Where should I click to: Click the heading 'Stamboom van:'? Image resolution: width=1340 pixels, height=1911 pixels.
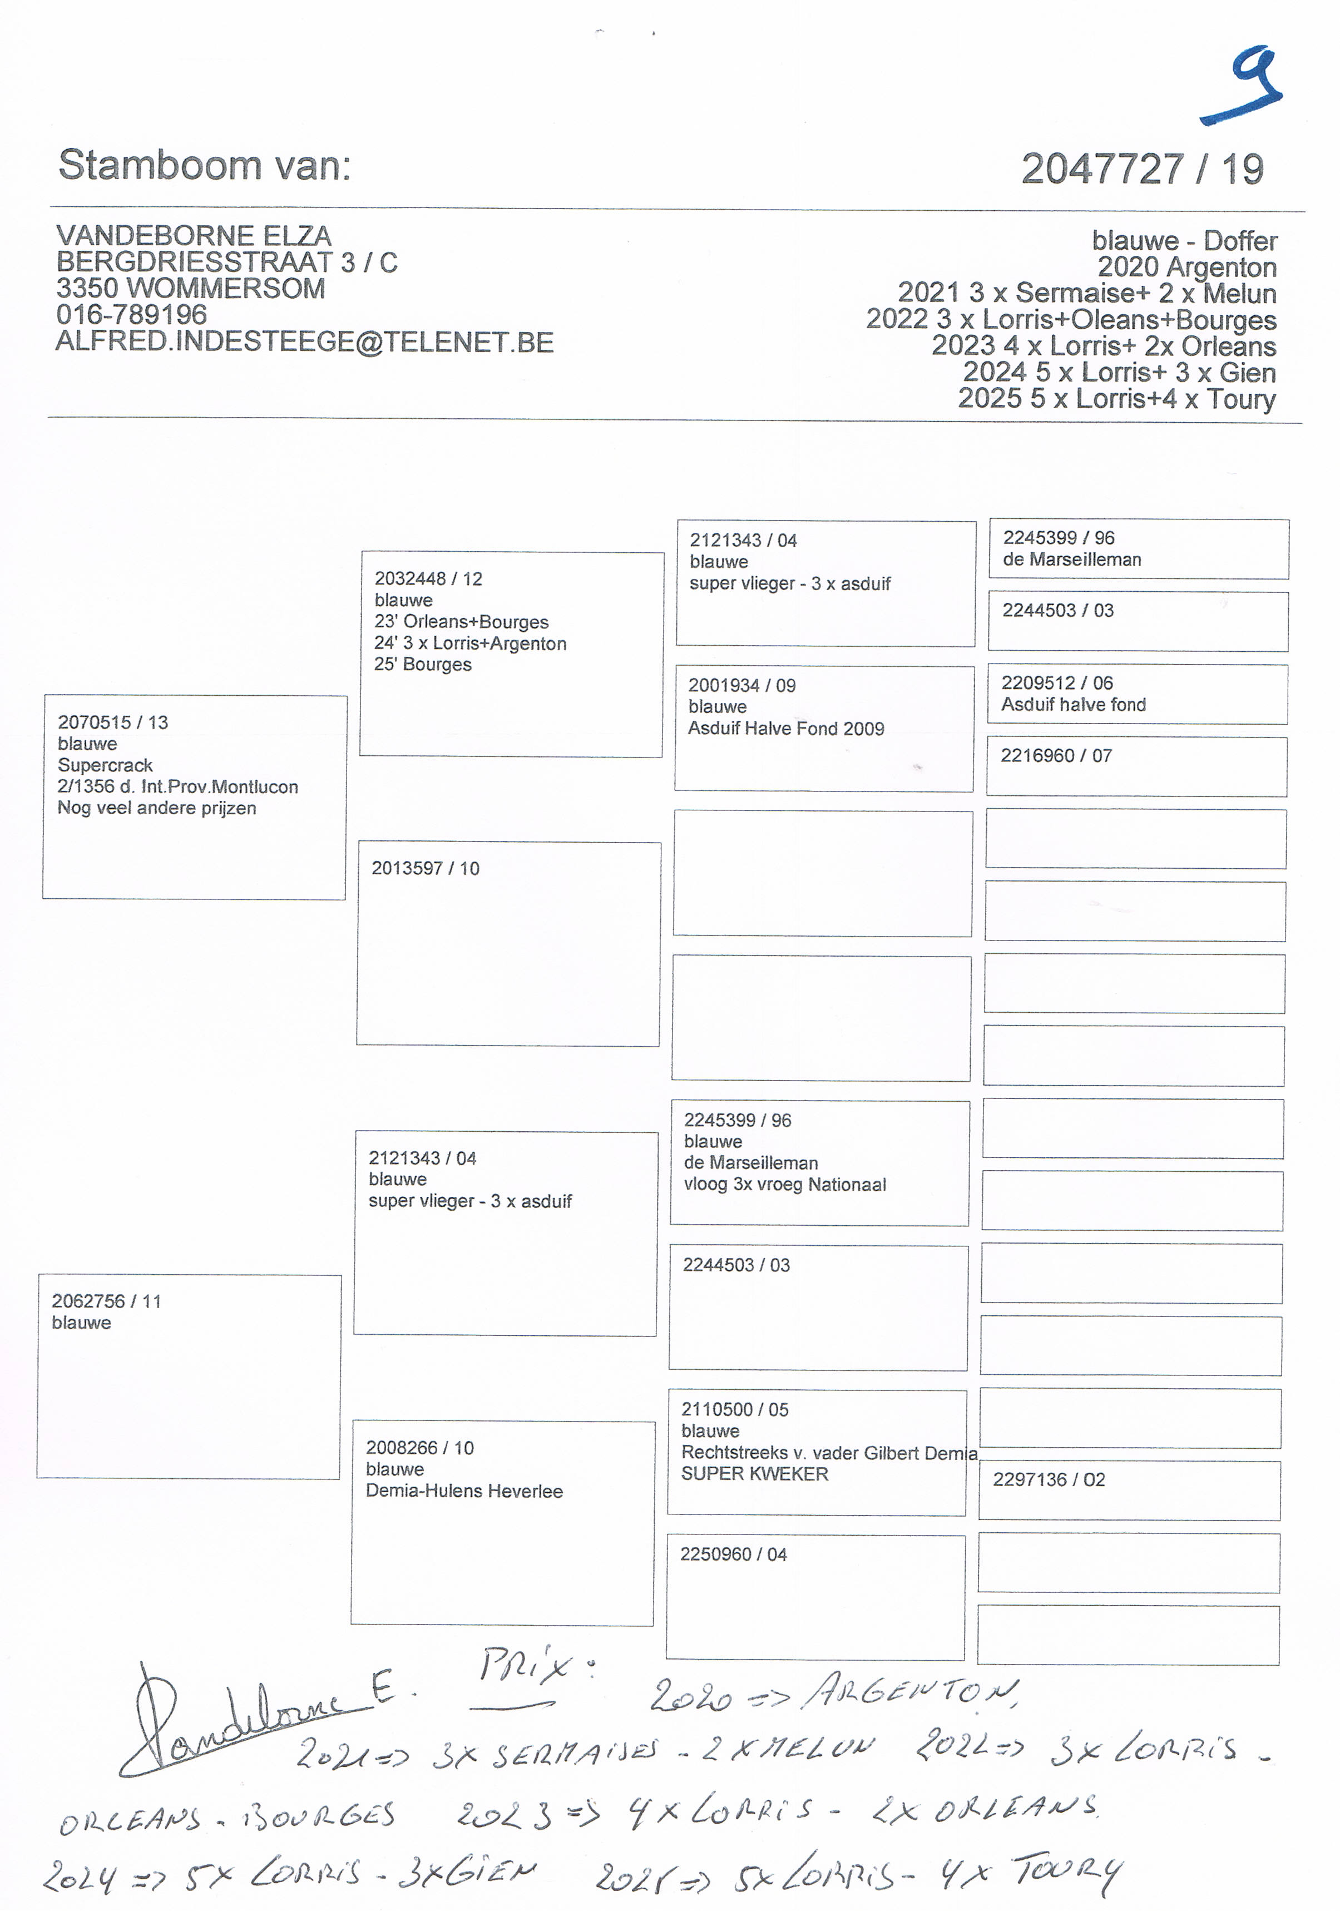pyautogui.click(x=204, y=165)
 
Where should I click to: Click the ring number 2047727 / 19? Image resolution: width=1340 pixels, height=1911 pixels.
pyautogui.click(x=1142, y=170)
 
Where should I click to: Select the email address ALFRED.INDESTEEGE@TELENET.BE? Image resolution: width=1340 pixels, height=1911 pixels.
pyautogui.click(x=305, y=342)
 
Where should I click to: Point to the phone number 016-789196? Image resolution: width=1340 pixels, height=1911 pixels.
pyautogui.click(x=131, y=315)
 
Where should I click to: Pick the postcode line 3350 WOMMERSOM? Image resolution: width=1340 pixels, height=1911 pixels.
pyautogui.click(x=191, y=288)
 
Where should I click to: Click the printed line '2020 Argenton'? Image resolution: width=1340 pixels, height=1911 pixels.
pyautogui.click(x=1186, y=267)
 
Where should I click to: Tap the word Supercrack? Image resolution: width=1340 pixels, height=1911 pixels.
pyautogui.click(x=105, y=765)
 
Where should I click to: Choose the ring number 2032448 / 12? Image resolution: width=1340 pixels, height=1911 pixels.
pyautogui.click(x=428, y=578)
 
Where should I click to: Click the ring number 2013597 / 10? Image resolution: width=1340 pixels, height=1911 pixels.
pyautogui.click(x=426, y=868)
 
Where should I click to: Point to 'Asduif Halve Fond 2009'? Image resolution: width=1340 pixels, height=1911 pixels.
pyautogui.click(x=785, y=728)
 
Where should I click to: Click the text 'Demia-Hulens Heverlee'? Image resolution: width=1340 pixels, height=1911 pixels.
pyautogui.click(x=463, y=1491)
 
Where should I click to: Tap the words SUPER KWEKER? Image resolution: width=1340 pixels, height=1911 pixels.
pyautogui.click(x=754, y=1473)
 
